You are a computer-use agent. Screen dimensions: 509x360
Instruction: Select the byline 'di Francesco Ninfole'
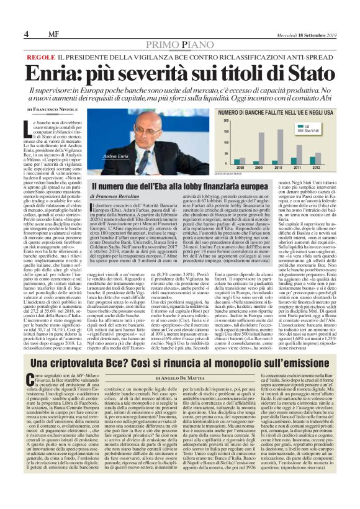(53, 109)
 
